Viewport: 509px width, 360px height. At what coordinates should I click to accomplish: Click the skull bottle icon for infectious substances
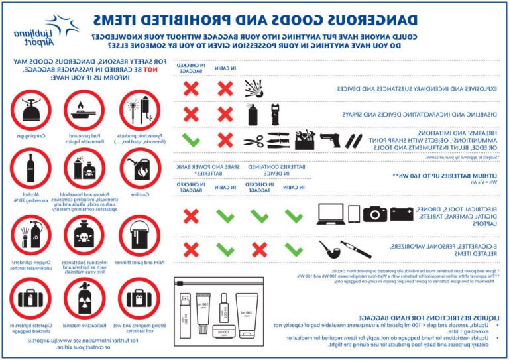coord(85,235)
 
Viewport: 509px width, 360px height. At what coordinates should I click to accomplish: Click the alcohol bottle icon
coord(30,170)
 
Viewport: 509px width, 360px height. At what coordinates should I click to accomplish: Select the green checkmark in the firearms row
coord(190,140)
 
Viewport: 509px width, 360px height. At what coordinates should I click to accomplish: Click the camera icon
coord(374,213)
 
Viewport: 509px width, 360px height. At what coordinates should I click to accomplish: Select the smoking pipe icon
coord(329,250)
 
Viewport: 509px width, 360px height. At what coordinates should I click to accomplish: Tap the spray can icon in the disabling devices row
coord(252,115)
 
